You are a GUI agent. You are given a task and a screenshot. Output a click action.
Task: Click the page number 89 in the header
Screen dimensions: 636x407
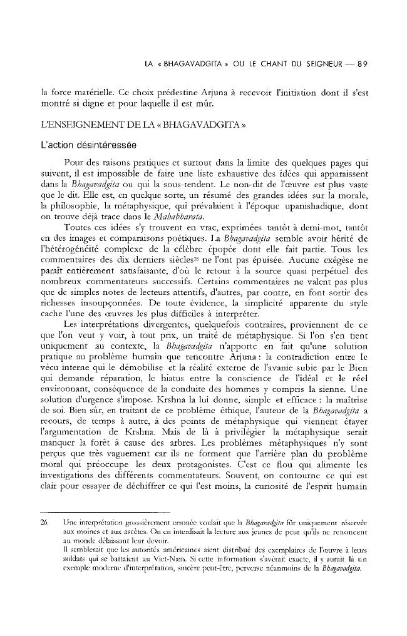(x=368, y=64)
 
